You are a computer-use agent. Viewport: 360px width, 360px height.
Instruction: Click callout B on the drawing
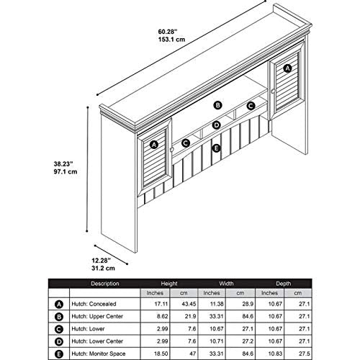click(x=217, y=105)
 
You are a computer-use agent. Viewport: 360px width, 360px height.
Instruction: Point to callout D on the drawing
click(x=217, y=125)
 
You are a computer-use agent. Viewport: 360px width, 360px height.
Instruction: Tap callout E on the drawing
click(x=216, y=148)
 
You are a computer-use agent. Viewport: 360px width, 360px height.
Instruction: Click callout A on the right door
click(x=287, y=68)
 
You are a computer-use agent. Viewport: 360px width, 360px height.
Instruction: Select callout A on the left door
click(x=154, y=145)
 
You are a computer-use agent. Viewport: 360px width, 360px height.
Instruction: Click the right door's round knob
click(x=273, y=91)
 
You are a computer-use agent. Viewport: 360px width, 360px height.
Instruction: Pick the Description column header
click(x=105, y=284)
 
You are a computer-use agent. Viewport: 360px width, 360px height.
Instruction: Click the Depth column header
click(x=284, y=284)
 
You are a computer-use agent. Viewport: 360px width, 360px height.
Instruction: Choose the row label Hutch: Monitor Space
click(x=99, y=354)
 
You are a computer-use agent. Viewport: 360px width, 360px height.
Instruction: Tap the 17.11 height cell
click(x=161, y=304)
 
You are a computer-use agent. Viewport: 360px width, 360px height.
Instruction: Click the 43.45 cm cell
click(x=189, y=304)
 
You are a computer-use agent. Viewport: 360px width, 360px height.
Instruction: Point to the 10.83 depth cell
click(x=275, y=354)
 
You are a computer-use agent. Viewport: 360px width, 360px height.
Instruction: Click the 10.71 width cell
click(x=217, y=341)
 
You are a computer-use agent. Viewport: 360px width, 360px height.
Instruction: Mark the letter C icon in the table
click(x=59, y=329)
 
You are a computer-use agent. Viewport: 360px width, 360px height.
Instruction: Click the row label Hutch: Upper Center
click(x=97, y=316)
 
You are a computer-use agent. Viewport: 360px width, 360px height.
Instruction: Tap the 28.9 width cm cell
click(x=248, y=304)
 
